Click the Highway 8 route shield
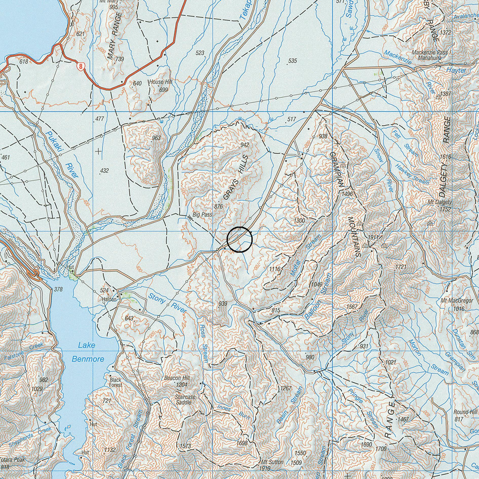pos(81,67)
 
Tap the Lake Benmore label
pos(88,352)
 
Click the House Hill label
pos(160,82)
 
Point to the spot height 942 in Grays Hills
pos(245,145)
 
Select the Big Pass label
pos(202,215)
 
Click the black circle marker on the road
pos(240,240)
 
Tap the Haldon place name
pos(109,299)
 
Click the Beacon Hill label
pos(177,378)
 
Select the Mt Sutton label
pos(272,462)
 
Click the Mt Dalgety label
pos(439,202)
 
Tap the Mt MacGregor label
pos(457,301)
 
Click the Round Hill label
pos(463,412)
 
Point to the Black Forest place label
pos(116,382)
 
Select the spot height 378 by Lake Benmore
pos(58,289)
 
